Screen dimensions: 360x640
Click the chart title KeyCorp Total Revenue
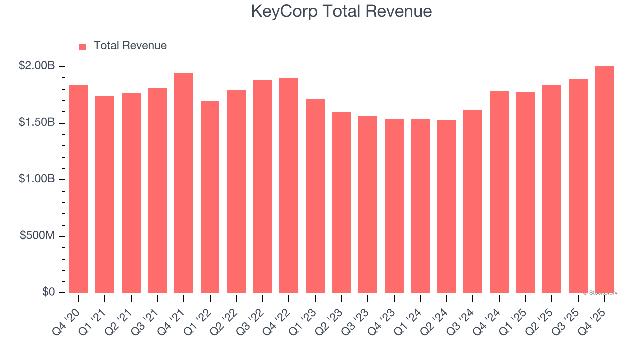click(341, 11)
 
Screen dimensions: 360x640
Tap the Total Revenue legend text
click(130, 46)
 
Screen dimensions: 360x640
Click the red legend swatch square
click(83, 46)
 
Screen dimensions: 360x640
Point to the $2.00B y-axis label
click(37, 66)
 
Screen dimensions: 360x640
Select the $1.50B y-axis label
click(37, 122)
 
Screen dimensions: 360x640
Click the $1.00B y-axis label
click(37, 179)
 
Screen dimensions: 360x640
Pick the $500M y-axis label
click(37, 235)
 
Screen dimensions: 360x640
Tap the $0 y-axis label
click(48, 292)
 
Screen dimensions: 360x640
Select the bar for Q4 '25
click(604, 180)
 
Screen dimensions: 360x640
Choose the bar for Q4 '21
click(184, 183)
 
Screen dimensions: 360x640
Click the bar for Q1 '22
click(210, 197)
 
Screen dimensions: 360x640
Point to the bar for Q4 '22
click(289, 185)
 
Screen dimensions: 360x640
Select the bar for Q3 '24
click(473, 201)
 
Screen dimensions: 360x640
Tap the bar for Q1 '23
click(315, 196)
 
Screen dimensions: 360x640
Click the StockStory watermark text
click(600, 293)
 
